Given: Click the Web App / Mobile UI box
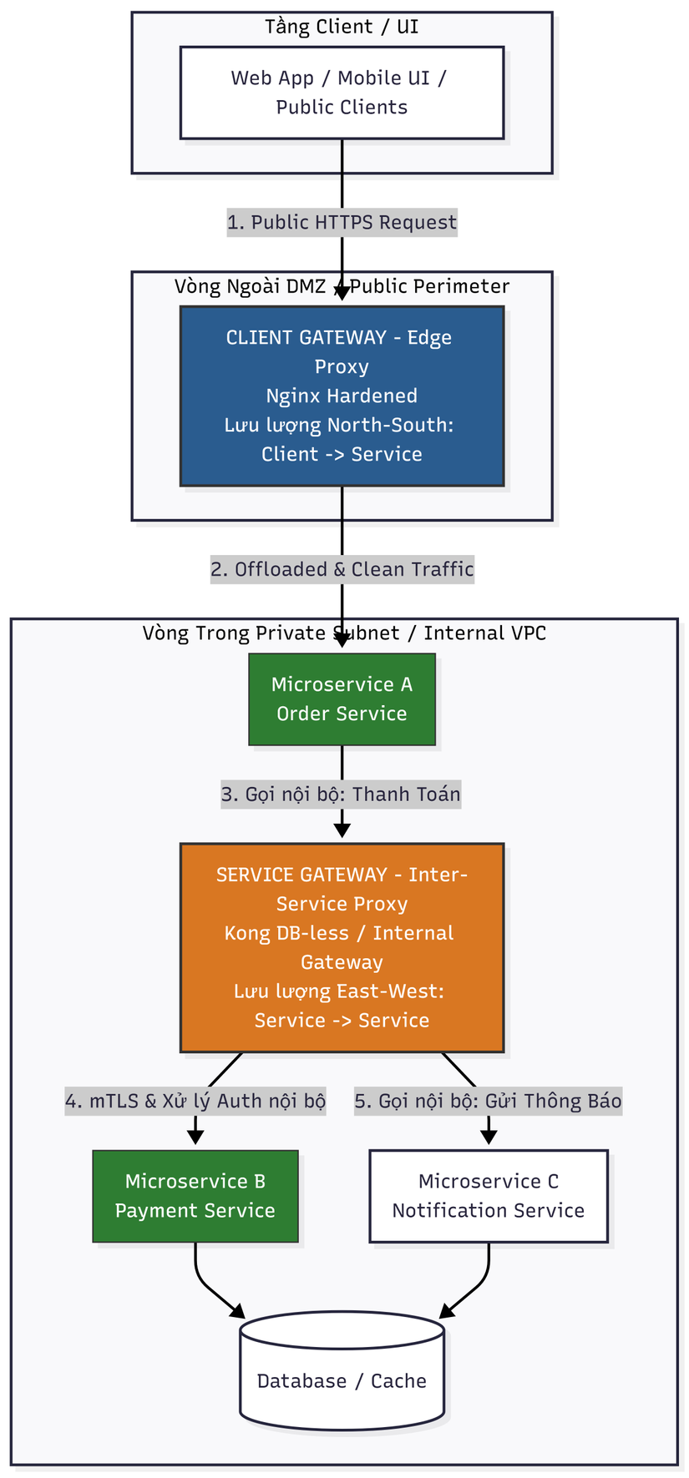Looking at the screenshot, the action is coord(342,93).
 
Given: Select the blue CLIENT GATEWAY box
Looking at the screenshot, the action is coord(342,396).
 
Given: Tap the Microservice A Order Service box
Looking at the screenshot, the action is coord(342,699).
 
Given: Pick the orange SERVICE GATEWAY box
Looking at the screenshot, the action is coord(342,947).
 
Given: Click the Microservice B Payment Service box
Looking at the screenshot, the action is coord(195,1196).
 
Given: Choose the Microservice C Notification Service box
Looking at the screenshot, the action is coord(489,1196).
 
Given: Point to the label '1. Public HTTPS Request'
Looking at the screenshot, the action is coord(342,222).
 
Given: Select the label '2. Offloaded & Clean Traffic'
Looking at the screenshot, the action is coord(342,569).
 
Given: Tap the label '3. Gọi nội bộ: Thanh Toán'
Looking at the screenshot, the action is coord(341,794).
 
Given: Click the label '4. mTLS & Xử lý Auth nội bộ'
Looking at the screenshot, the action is coord(195,1101).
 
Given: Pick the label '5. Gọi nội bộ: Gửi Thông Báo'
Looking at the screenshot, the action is coord(489,1101).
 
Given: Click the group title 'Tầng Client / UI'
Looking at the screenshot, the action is coord(342,27).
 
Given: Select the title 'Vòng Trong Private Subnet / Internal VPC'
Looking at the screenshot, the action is coord(344,633).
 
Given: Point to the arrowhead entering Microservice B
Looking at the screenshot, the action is coord(195,1137).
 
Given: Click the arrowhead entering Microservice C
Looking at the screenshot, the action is coord(489,1137).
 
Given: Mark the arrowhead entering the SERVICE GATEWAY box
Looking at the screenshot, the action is coord(342,830).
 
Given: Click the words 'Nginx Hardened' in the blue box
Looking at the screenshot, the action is coord(342,396).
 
